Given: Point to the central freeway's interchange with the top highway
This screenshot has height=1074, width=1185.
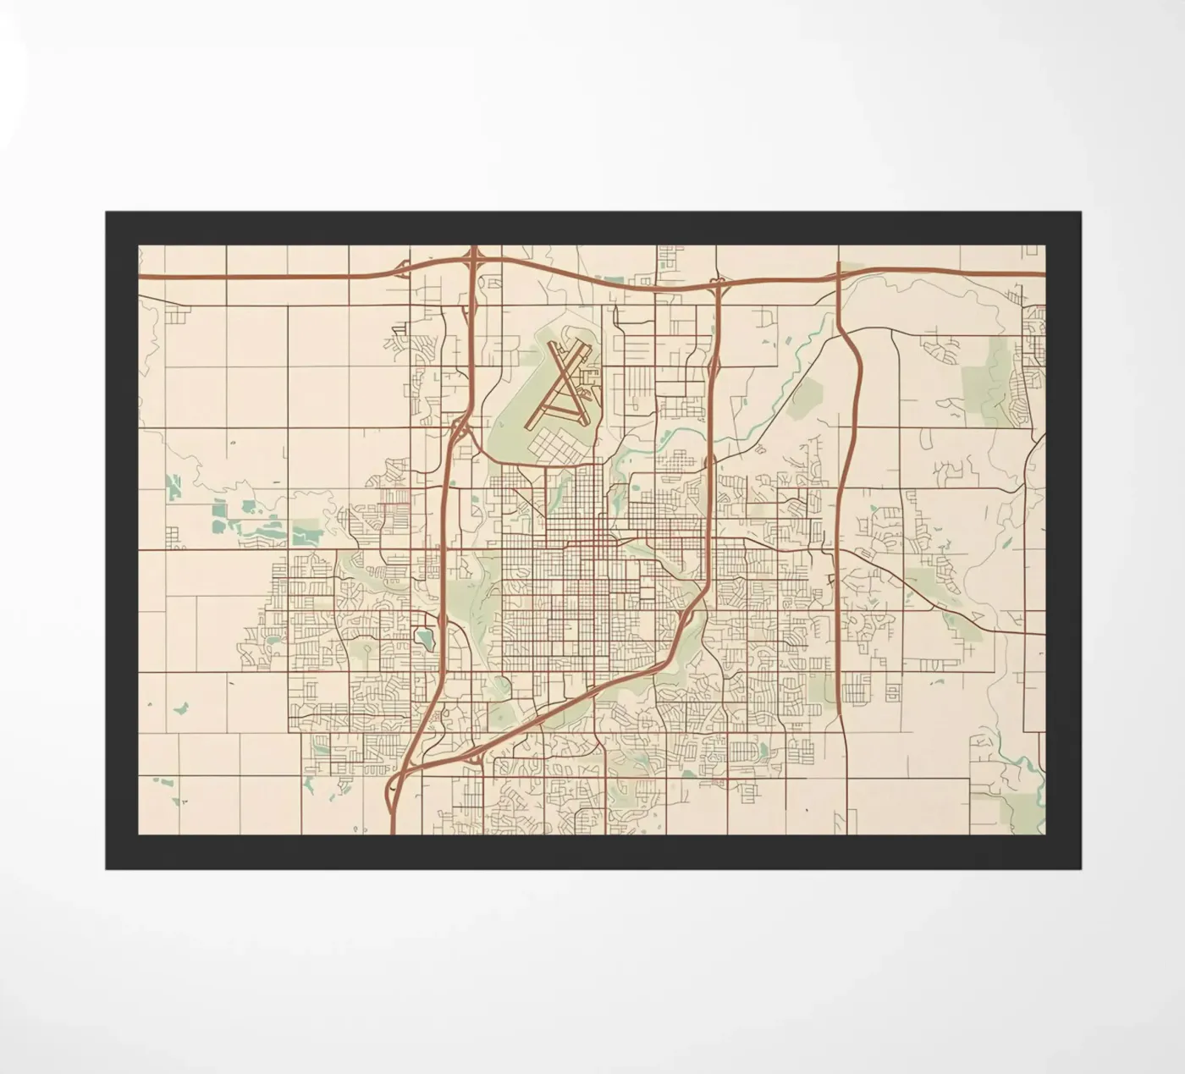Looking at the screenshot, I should click(x=718, y=285).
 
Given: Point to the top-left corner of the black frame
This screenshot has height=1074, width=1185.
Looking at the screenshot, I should click(x=106, y=212).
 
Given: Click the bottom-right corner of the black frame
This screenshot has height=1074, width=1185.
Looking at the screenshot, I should click(x=1079, y=868).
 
